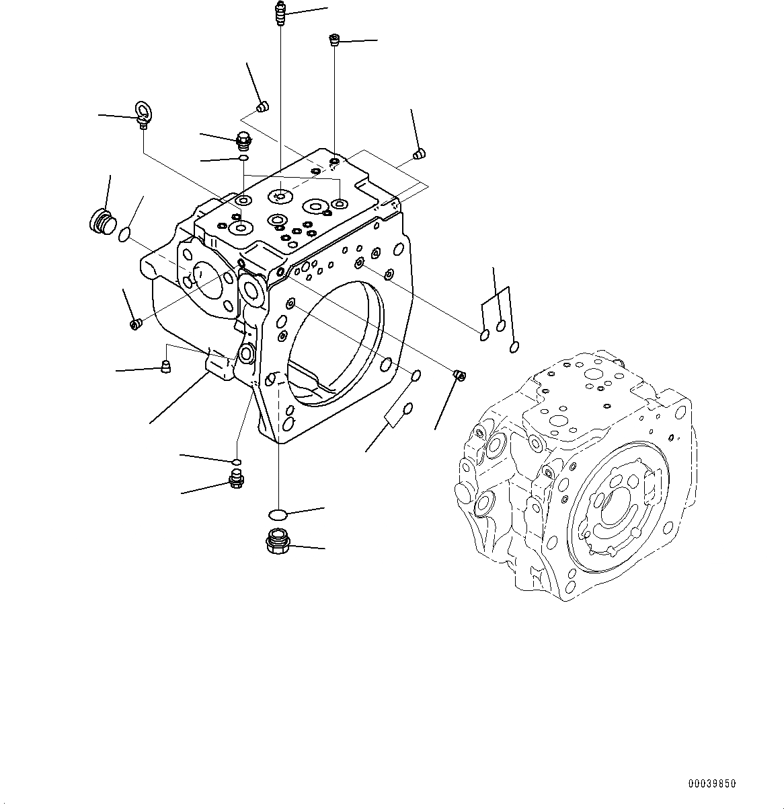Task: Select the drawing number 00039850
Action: [711, 784]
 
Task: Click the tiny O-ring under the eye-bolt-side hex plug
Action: [243, 158]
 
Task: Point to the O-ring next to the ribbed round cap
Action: [124, 235]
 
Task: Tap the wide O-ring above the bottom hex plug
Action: [277, 515]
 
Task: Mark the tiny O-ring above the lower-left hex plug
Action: [236, 462]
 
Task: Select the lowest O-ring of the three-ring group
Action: [514, 347]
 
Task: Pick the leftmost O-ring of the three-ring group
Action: [484, 335]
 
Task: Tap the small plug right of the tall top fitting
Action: [333, 40]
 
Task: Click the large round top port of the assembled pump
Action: [592, 374]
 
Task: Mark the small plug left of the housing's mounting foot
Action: [165, 366]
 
